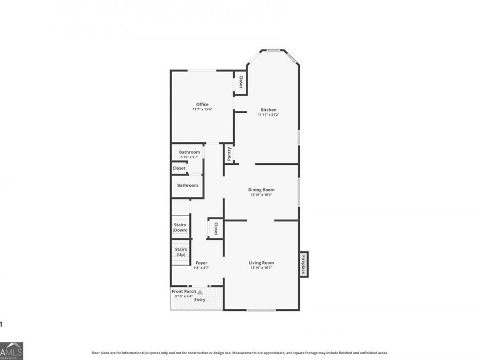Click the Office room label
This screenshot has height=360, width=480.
(x=202, y=105)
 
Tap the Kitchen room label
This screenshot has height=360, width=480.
(x=268, y=110)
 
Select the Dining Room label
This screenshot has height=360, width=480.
(x=261, y=190)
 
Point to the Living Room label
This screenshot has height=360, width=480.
(x=261, y=262)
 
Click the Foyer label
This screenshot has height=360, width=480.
(x=202, y=263)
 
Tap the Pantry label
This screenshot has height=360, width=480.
(x=229, y=154)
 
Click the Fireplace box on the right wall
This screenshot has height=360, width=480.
(x=303, y=265)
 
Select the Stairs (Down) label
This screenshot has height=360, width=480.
(x=180, y=228)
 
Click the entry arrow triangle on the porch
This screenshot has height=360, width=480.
(x=200, y=292)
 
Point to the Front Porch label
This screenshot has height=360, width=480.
(x=183, y=292)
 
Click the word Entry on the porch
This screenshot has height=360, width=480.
(x=199, y=300)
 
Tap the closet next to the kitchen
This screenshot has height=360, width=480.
(x=241, y=82)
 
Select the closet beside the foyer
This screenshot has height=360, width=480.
(x=215, y=229)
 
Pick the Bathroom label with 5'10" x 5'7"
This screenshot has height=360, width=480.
(x=189, y=152)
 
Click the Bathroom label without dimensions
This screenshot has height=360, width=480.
(x=188, y=186)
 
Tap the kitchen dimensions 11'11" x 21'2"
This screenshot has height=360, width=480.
(x=268, y=115)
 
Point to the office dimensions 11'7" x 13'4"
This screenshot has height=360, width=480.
(x=202, y=109)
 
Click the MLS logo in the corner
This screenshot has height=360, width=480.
(x=11, y=350)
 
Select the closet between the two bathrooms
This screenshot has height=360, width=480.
(x=179, y=168)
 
